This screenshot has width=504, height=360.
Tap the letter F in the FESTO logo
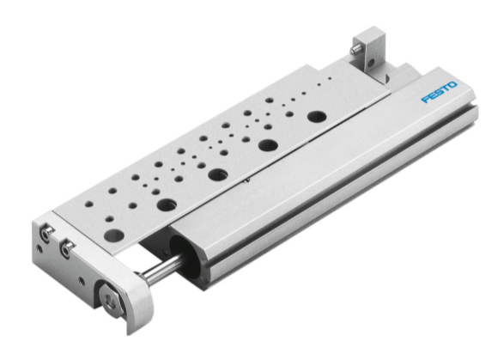tap(423, 100)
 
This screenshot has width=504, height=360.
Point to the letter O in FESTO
tap(454, 86)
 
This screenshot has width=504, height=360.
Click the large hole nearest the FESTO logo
tap(317, 115)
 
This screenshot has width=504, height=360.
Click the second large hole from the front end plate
tap(167, 204)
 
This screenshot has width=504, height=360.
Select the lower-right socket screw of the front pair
tap(68, 249)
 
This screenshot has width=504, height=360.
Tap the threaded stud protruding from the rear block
tap(353, 52)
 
